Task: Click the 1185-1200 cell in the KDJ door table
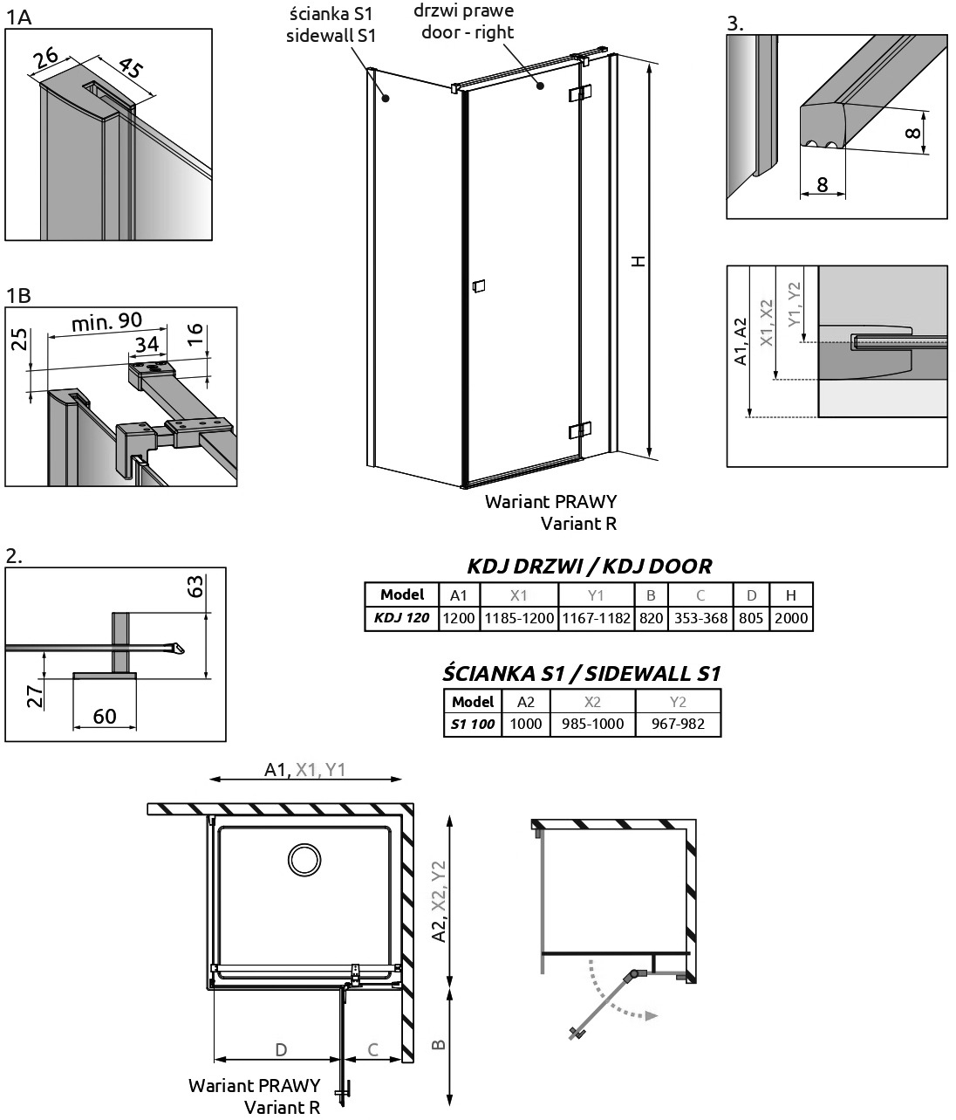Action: tap(519, 618)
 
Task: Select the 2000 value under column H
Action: tap(791, 618)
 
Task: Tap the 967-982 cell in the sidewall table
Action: tap(678, 724)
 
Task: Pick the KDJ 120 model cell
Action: tap(401, 618)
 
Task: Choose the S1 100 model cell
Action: tap(473, 724)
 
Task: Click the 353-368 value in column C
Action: tap(700, 618)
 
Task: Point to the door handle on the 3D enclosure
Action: tap(479, 286)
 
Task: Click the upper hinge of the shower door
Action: tap(580, 93)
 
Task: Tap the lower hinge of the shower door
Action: tap(580, 430)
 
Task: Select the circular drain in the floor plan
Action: tap(304, 859)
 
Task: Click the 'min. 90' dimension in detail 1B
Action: tap(106, 322)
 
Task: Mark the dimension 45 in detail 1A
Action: tap(131, 68)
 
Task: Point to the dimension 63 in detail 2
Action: tap(195, 587)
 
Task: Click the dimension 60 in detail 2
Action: tap(105, 717)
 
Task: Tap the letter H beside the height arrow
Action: tap(639, 261)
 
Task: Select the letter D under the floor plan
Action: tap(281, 1049)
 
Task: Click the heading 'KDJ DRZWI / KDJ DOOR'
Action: tap(589, 567)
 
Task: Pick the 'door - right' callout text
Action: tap(468, 32)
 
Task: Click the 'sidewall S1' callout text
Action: tap(331, 36)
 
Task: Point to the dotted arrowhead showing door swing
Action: tap(652, 1015)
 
